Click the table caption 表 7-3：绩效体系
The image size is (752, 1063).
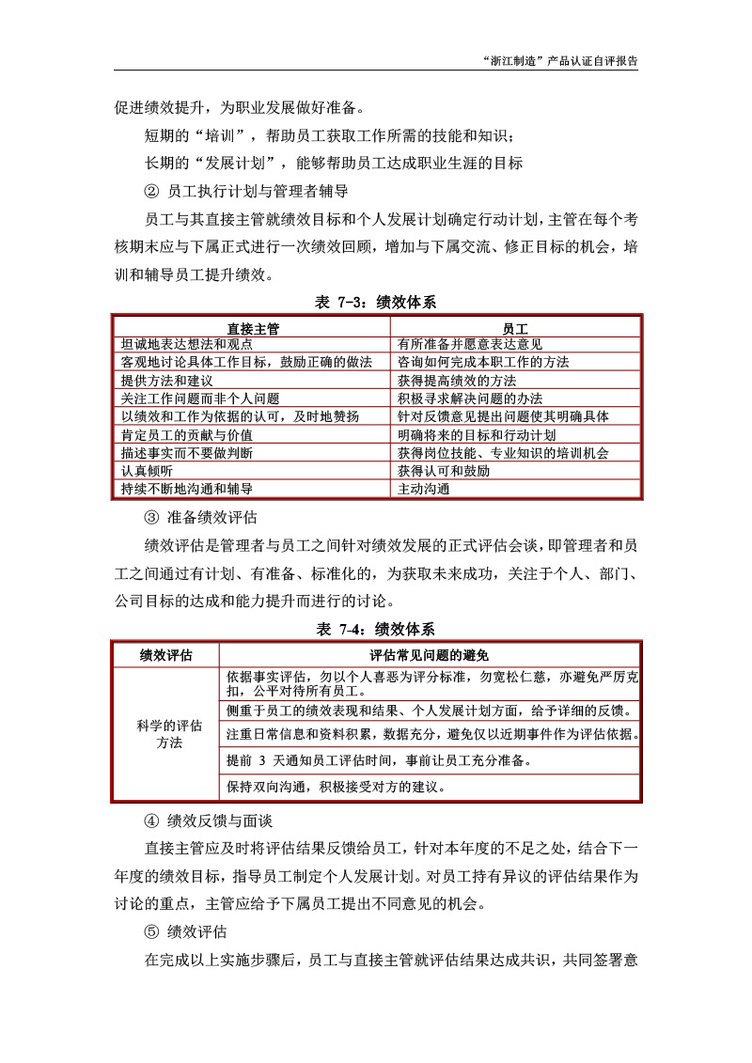click(375, 303)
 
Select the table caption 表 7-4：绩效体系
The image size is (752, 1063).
click(375, 629)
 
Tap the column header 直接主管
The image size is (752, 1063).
click(253, 328)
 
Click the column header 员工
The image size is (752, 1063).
click(515, 328)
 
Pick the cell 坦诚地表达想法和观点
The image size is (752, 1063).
click(186, 344)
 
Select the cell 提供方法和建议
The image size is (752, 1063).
click(167, 381)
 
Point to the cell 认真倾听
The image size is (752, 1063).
click(147, 470)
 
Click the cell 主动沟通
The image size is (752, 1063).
click(424, 489)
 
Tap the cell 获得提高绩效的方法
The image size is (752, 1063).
click(457, 381)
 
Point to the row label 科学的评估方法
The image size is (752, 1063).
click(165, 734)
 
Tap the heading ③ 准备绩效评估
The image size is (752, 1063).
click(201, 517)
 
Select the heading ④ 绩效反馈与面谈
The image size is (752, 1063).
click(208, 821)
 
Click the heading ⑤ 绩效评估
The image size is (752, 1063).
click(185, 932)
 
